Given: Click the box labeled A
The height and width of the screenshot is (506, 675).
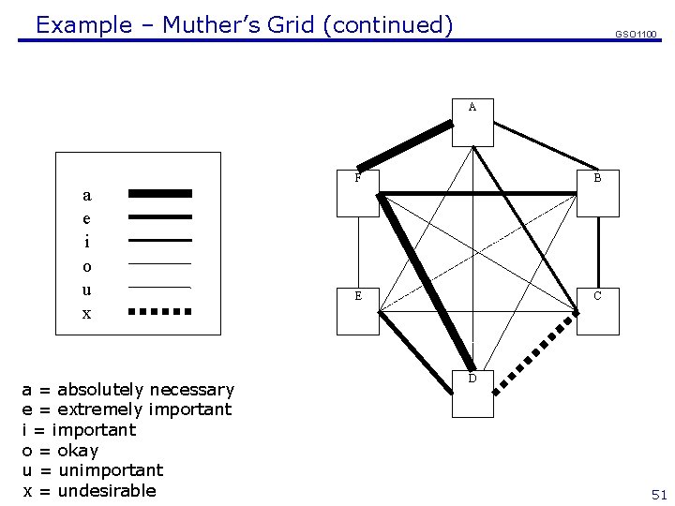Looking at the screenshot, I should pyautogui.click(x=472, y=123).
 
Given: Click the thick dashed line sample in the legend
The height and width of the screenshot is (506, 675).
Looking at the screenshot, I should pyautogui.click(x=159, y=311).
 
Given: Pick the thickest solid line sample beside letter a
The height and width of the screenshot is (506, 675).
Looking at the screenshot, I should pyautogui.click(x=159, y=193).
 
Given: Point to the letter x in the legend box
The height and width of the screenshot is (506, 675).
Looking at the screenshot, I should pyautogui.click(x=87, y=314).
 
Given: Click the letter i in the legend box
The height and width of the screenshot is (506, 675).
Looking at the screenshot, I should pyautogui.click(x=87, y=242).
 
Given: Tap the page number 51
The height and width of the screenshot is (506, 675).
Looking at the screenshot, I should pyautogui.click(x=659, y=495).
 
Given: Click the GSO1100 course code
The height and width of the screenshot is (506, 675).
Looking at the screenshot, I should pyautogui.click(x=636, y=35).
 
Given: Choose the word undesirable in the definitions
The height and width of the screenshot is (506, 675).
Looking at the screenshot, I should pyautogui.click(x=107, y=491).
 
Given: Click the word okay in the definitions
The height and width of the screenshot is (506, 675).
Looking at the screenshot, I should pyautogui.click(x=78, y=451).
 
